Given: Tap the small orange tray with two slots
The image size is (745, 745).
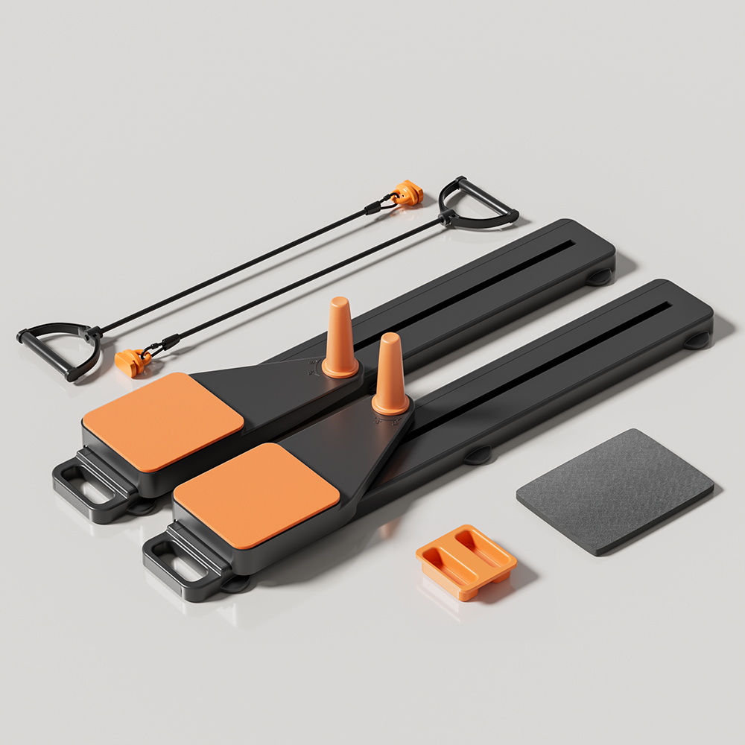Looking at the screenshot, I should [x=466, y=561].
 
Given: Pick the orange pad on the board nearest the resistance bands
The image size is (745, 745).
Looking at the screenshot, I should [x=162, y=421].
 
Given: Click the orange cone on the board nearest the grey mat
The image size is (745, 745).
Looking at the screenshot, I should [x=390, y=374].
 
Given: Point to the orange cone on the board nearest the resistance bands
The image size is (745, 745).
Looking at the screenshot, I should [x=339, y=338].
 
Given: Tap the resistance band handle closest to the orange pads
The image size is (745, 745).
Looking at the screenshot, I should [x=56, y=350].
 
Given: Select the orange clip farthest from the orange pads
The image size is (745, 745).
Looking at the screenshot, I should [x=408, y=193].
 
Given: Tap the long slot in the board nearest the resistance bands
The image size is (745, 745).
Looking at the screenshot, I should [x=462, y=291].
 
